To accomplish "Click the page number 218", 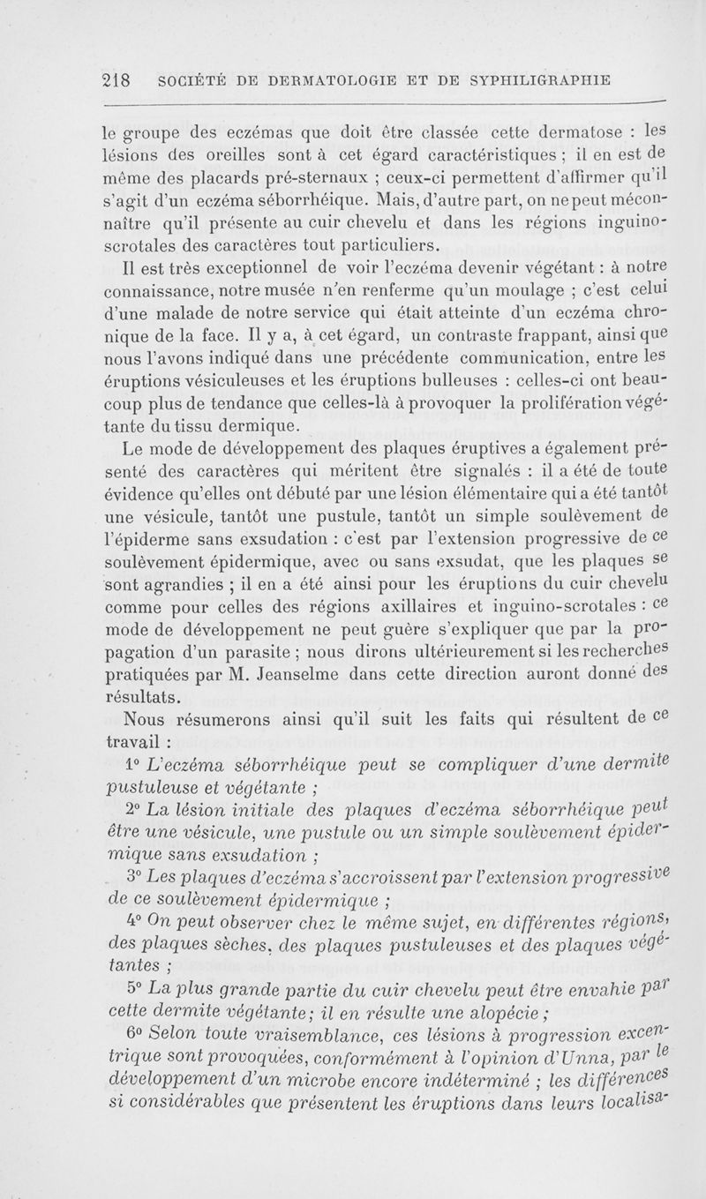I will [x=116, y=78].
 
